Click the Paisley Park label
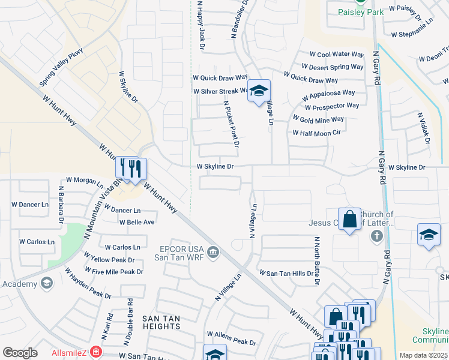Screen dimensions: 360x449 pyautogui.click(x=360, y=12)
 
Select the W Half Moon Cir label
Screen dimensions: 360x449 pyautogui.click(x=316, y=133)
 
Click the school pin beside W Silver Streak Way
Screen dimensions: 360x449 pyautogui.click(x=259, y=91)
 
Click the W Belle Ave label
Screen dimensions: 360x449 pyautogui.click(x=137, y=222)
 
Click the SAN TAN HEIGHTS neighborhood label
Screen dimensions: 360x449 pyautogui.click(x=161, y=322)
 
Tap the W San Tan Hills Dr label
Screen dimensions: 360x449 pyautogui.click(x=286, y=273)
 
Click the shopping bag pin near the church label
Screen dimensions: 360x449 pyautogui.click(x=349, y=219)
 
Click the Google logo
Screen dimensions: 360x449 pyautogui.click(x=20, y=353)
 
